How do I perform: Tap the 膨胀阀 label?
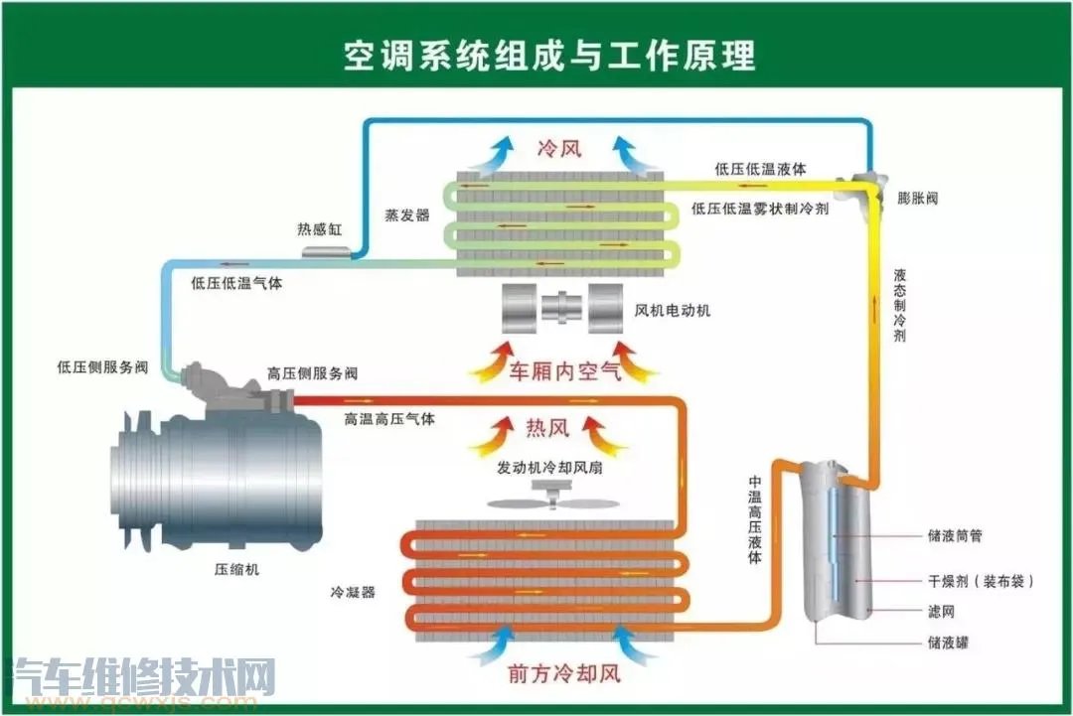(917, 199)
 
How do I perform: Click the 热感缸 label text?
(319, 229)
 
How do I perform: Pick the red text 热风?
(547, 429)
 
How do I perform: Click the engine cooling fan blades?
(548, 502)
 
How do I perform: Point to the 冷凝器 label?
(353, 593)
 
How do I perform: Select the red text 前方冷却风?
(563, 672)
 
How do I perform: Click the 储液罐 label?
(948, 643)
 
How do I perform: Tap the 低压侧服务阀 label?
(102, 367)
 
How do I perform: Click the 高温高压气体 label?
(389, 419)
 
